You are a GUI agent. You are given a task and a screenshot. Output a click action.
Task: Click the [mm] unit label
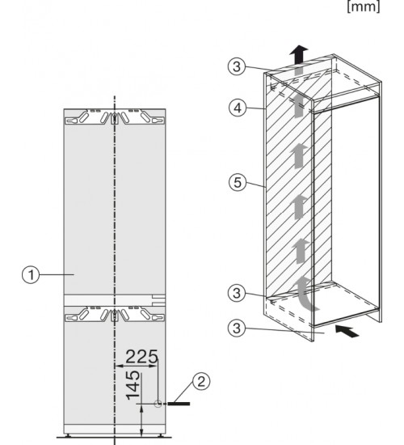click(x=364, y=6)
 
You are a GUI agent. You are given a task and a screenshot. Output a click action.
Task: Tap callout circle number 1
click(x=31, y=275)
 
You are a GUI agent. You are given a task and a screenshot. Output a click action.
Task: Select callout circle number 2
click(x=201, y=382)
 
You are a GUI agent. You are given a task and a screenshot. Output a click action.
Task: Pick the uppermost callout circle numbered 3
click(x=237, y=66)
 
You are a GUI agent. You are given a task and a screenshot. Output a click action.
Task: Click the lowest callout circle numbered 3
click(x=237, y=328)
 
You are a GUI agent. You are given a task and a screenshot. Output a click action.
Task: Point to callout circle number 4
click(x=238, y=108)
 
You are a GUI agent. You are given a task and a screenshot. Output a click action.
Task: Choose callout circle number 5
click(x=238, y=182)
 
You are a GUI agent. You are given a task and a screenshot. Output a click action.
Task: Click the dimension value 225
click(x=141, y=357)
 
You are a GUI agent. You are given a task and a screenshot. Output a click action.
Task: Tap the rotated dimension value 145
click(x=133, y=385)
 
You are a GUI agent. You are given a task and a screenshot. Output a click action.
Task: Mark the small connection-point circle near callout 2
click(x=158, y=403)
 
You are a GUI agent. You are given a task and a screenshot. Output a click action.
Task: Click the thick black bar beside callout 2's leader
click(x=179, y=404)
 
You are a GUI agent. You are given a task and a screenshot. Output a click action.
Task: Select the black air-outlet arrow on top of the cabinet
click(x=298, y=54)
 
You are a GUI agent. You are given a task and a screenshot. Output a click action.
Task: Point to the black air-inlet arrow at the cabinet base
click(x=347, y=331)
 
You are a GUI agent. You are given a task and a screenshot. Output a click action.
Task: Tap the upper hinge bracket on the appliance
click(x=115, y=117)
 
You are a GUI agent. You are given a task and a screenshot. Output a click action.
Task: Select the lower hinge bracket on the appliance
click(x=115, y=314)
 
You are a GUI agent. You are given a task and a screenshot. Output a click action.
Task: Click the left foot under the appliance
click(x=68, y=434)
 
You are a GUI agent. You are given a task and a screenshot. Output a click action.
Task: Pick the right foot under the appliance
click(x=160, y=434)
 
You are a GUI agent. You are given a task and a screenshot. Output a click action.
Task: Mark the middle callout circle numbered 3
click(x=237, y=293)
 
